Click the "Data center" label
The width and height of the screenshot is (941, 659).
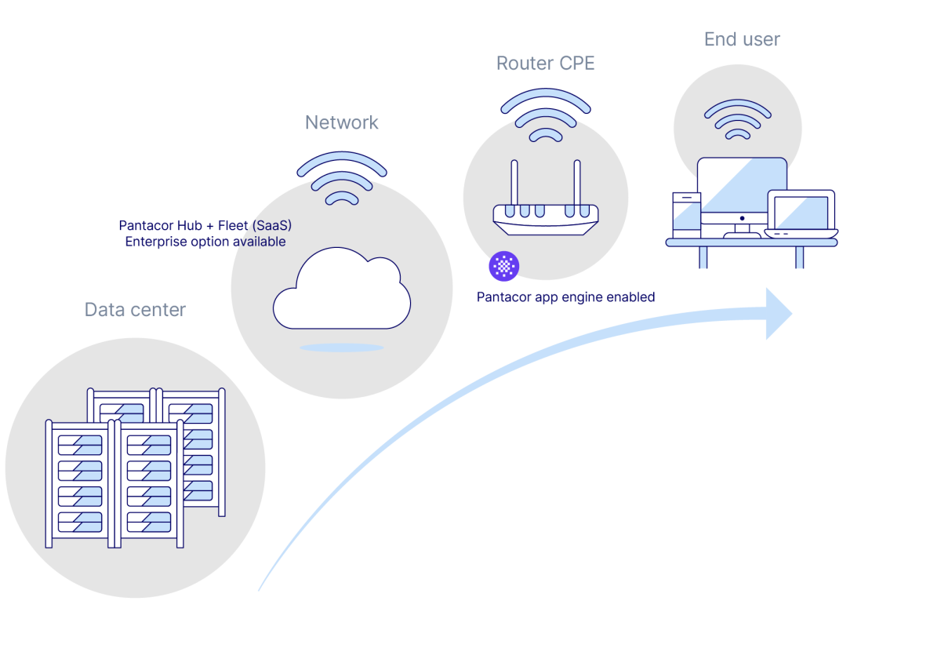point(135,310)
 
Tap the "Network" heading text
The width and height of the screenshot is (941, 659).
point(342,123)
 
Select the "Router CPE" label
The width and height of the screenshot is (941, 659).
point(546,64)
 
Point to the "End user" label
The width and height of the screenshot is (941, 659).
point(742,39)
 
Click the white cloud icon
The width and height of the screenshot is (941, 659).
point(342,290)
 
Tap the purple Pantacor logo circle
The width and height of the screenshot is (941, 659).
point(503,267)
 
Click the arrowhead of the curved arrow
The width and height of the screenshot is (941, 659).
point(779,313)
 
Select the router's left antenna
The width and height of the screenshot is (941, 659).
point(515,184)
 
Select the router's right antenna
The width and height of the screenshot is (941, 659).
point(576,184)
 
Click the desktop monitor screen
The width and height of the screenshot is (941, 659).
point(742,188)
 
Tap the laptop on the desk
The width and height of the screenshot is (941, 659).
point(801,214)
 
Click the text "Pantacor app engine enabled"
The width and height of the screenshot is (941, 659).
point(566,297)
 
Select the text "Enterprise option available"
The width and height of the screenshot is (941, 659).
point(205,242)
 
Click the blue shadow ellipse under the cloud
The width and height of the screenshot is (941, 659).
point(342,347)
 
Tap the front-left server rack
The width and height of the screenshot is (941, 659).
point(81,482)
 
